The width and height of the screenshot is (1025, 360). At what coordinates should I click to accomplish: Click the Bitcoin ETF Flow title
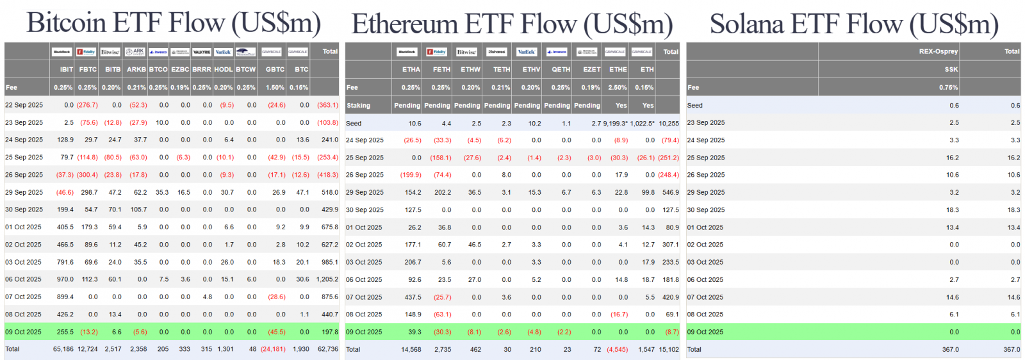point(173,23)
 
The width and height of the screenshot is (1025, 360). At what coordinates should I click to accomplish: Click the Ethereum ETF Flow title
point(512,24)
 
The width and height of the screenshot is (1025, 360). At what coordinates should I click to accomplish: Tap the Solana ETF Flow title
point(854,24)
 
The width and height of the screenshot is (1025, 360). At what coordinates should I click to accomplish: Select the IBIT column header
point(66,69)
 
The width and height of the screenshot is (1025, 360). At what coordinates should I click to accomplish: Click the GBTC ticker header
point(275,69)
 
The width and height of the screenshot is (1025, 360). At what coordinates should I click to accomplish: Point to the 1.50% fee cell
point(275,87)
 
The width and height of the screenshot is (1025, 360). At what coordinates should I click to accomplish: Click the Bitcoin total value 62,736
point(327,349)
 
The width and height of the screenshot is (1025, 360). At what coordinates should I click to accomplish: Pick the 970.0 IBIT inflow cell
point(65,279)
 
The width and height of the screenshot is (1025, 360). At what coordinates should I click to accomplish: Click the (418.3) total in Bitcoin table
point(327,174)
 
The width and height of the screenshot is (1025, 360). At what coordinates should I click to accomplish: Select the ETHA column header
point(411,69)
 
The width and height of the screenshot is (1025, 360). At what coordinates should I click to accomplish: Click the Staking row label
point(358,105)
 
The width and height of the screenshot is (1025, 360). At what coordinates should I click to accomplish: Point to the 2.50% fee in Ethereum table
point(618,87)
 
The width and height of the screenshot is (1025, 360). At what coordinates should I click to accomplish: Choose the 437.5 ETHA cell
point(413,297)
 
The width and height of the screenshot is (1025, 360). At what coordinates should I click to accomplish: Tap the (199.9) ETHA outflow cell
point(411,175)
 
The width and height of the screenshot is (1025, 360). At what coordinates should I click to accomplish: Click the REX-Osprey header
point(938,51)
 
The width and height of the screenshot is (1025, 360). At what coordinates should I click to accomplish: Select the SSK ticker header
point(951,69)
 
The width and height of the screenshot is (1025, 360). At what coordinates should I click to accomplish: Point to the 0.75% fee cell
point(949,87)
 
